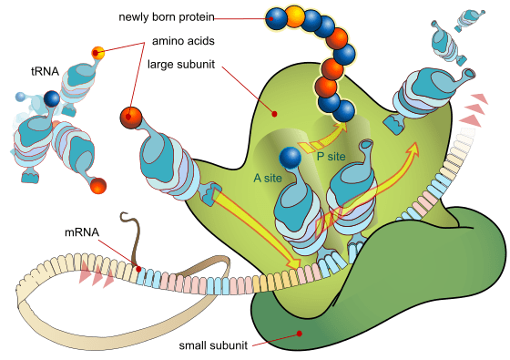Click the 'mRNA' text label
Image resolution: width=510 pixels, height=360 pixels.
(82, 232)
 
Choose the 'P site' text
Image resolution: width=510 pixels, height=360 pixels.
(331, 156)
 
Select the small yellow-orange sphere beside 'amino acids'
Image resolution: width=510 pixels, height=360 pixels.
(98, 53)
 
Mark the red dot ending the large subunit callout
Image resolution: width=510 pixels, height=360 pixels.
(274, 114)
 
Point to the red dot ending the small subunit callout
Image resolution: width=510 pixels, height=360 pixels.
(300, 334)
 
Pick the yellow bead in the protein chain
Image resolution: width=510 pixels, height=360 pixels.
(296, 15)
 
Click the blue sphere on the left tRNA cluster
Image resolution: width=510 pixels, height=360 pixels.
(52, 98)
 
